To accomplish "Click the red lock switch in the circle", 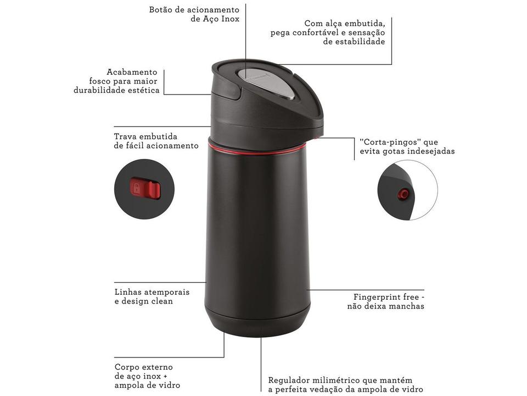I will click(x=145, y=189).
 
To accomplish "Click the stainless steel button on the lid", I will click(x=267, y=85).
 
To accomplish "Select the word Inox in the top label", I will click(x=228, y=19).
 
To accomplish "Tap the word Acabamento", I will click(x=132, y=72).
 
